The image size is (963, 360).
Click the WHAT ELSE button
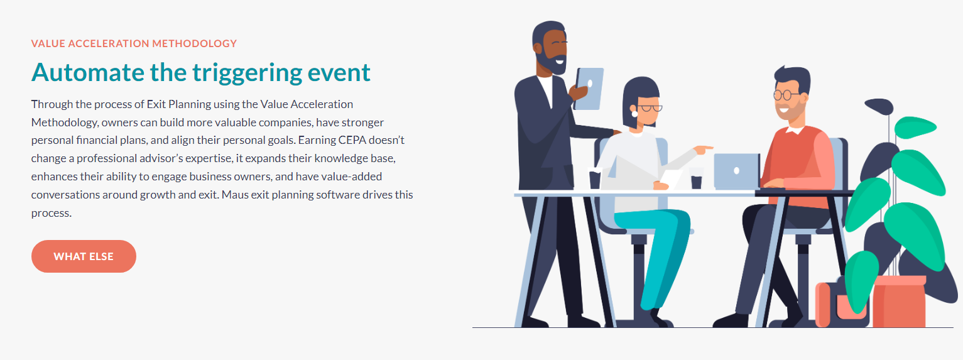(x=84, y=256)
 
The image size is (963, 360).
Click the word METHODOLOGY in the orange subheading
(x=194, y=43)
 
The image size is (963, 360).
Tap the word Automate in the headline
(x=88, y=72)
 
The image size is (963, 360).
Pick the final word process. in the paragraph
(x=51, y=214)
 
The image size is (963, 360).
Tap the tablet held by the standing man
(x=589, y=89)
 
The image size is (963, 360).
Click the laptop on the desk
(x=737, y=171)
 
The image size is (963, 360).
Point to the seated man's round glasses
(x=786, y=95)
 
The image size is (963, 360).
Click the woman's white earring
(x=634, y=114)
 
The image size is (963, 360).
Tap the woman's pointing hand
(x=703, y=150)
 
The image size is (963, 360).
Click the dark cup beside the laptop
(x=696, y=182)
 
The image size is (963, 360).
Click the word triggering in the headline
(x=247, y=73)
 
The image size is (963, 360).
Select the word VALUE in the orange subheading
(x=48, y=43)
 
